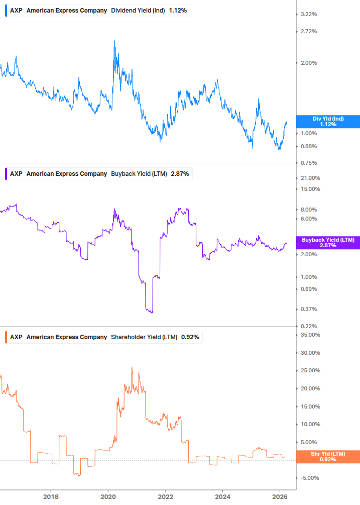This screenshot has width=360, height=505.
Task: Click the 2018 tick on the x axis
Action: (50, 497)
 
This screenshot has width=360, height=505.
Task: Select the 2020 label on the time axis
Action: (108, 497)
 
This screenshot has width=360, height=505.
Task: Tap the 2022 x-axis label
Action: (166, 497)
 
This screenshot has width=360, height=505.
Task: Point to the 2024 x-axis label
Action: (223, 497)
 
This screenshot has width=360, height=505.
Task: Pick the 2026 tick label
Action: (280, 497)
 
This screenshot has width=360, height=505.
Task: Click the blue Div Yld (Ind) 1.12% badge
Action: (327, 121)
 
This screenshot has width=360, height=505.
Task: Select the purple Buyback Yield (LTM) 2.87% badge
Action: (327, 243)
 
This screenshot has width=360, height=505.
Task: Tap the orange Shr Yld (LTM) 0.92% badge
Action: (327, 456)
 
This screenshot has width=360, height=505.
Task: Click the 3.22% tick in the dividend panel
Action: (308, 14)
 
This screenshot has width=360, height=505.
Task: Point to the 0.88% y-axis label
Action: (308, 146)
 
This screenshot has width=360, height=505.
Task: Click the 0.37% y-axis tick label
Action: (308, 309)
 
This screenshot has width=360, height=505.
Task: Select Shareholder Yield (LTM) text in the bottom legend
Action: (144, 337)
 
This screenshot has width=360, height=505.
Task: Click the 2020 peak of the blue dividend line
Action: (114, 41)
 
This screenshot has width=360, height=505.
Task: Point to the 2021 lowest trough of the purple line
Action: (152, 313)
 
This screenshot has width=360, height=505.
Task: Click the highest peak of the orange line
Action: (132, 367)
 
